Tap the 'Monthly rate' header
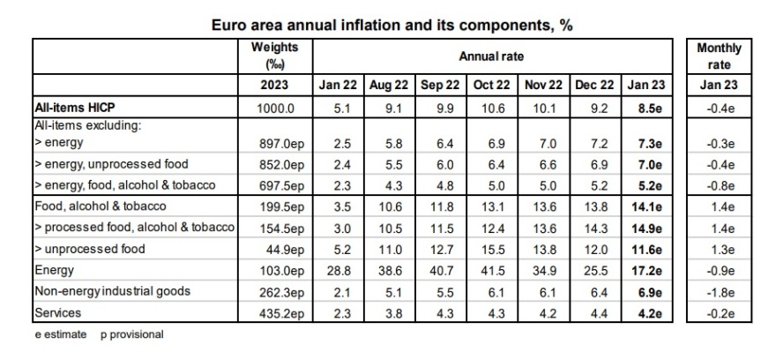pyautogui.click(x=719, y=56)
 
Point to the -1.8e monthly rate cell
pyautogui.click(x=719, y=290)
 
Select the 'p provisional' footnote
pyautogui.click(x=132, y=334)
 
